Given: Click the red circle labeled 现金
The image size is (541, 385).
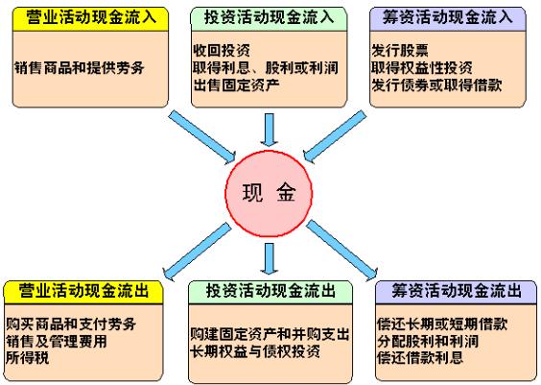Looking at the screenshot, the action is [x=269, y=194].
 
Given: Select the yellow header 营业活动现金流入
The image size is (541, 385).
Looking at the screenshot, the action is [x=90, y=18].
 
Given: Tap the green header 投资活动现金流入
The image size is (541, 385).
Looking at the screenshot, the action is [x=269, y=18].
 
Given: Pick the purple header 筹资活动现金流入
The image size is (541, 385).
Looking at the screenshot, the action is [x=448, y=18].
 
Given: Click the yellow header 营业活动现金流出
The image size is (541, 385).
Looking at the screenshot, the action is [x=83, y=292].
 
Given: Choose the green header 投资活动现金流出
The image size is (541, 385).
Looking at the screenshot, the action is [x=270, y=292].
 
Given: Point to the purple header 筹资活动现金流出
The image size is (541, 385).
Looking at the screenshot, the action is [x=456, y=292].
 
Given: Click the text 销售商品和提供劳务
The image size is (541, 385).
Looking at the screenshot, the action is [x=80, y=67].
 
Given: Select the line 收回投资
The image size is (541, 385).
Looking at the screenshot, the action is [x=222, y=51].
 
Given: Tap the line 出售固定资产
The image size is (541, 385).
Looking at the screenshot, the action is [x=236, y=84].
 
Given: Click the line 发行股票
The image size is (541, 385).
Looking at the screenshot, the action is [x=400, y=51].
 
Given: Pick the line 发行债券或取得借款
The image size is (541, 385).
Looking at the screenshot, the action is [x=436, y=84].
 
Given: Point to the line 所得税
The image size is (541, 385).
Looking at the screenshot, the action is [x=28, y=357].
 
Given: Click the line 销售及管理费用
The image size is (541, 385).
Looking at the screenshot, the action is [x=57, y=341].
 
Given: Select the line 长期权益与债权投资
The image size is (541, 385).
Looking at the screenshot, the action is [x=255, y=351].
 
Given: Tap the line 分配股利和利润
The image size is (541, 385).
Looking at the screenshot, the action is [x=428, y=341].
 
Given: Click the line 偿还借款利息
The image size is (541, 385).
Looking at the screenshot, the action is [x=420, y=357].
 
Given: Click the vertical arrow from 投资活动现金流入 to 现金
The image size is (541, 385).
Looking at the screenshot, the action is [x=270, y=130].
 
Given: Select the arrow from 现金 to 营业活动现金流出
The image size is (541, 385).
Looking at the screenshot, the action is [x=197, y=251].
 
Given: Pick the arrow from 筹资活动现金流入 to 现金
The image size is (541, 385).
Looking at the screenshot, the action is [x=335, y=136].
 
